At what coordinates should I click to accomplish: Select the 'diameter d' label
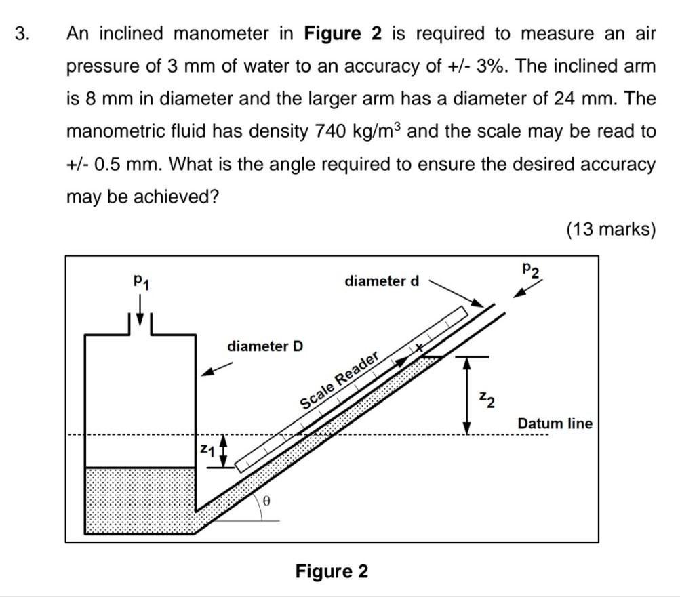pyautogui.click(x=382, y=281)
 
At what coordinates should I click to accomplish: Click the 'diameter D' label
pyautogui.click(x=265, y=346)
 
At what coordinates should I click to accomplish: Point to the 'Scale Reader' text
pyautogui.click(x=338, y=381)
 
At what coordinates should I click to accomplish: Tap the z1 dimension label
pyautogui.click(x=206, y=451)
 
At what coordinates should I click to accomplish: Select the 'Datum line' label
pyautogui.click(x=555, y=424)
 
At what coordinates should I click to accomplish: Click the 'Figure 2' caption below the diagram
pyautogui.click(x=332, y=571)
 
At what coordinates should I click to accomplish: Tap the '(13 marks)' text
pyautogui.click(x=611, y=230)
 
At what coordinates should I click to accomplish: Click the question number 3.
pyautogui.click(x=22, y=34)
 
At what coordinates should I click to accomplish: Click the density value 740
pyautogui.click(x=331, y=131)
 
